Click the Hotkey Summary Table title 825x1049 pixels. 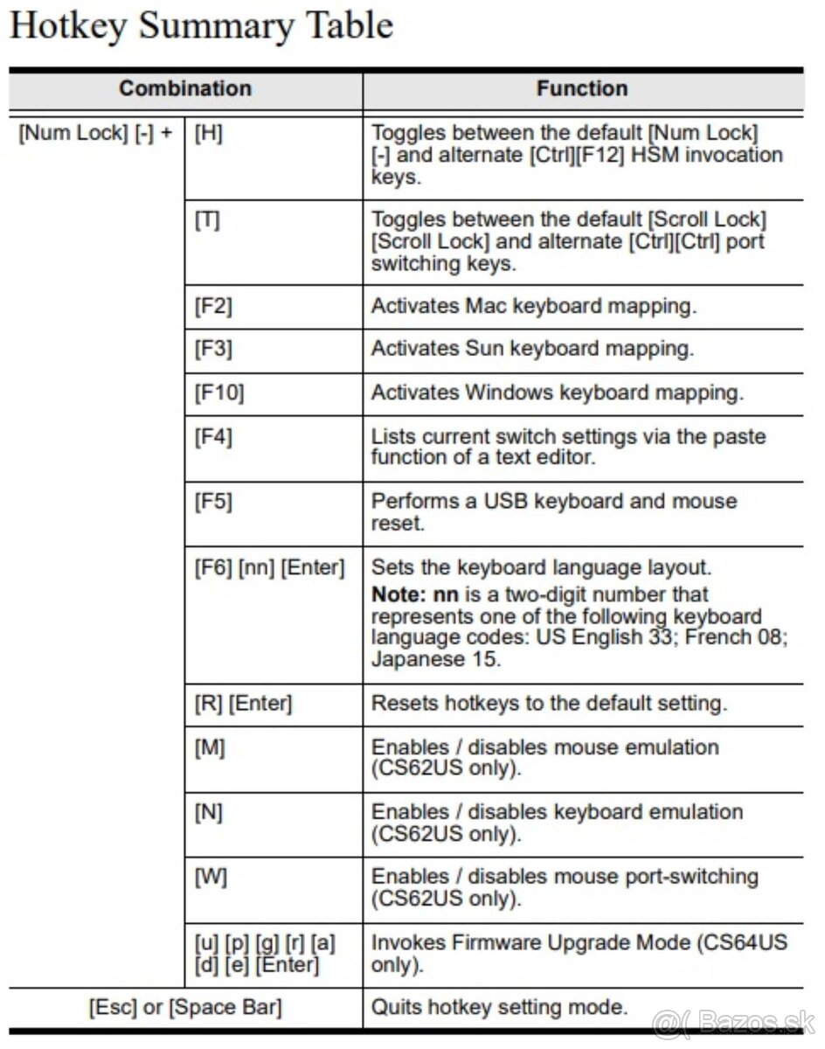tap(201, 26)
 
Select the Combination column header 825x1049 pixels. tap(184, 88)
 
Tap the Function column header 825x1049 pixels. tap(582, 88)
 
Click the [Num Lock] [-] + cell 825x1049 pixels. tap(95, 135)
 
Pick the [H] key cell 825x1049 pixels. tap(207, 135)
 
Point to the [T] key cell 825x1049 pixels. tap(207, 220)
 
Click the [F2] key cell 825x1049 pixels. tap(213, 306)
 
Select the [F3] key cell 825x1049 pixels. tap(213, 349)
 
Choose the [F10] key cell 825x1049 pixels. tap(218, 393)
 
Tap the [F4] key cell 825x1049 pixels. tap(213, 435)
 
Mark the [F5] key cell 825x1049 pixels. tap(213, 502)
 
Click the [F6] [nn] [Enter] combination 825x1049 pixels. tap(269, 568)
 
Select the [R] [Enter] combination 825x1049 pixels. tap(243, 703)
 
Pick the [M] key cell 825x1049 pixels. tap(210, 748)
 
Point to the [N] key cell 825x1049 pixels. tap(209, 813)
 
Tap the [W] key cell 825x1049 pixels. tap(211, 877)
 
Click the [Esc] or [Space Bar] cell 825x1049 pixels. tap(185, 1008)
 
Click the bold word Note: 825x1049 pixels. tap(399, 594)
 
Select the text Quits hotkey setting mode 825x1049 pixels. tap(499, 1007)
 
